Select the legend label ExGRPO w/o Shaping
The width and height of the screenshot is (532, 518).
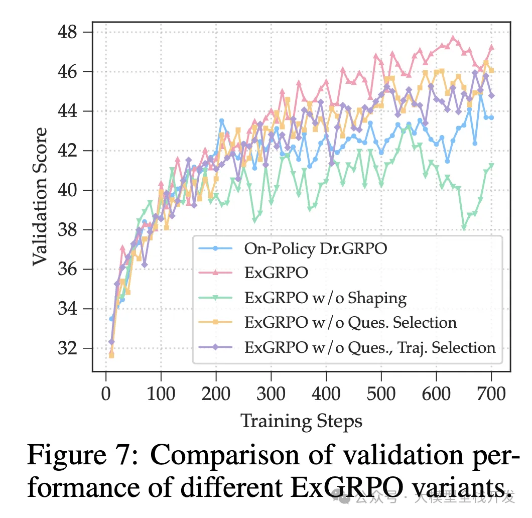pyautogui.click(x=325, y=298)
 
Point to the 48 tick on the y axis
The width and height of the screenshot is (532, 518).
pyautogui.click(x=68, y=33)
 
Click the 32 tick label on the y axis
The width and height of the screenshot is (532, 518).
pyautogui.click(x=68, y=348)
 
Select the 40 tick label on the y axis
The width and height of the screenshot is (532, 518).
pyautogui.click(x=68, y=190)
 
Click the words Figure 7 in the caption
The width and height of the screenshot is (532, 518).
pyautogui.click(x=82, y=456)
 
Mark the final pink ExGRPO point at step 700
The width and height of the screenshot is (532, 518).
pyautogui.click(x=492, y=47)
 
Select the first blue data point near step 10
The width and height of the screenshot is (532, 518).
pyautogui.click(x=111, y=319)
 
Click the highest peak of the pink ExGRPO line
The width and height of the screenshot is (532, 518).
pyautogui.click(x=453, y=38)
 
